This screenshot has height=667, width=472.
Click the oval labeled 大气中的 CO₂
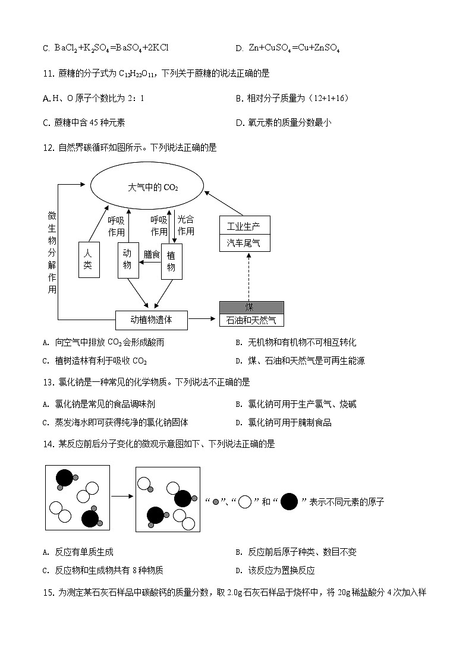click(x=153, y=187)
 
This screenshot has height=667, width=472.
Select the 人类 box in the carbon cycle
click(x=89, y=260)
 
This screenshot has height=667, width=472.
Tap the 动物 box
click(x=127, y=260)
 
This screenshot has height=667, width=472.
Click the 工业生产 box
click(x=244, y=225)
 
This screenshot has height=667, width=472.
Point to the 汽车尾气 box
click(x=244, y=243)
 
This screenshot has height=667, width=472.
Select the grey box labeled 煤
click(x=251, y=307)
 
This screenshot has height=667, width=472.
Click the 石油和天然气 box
click(x=251, y=321)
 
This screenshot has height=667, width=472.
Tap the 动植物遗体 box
click(x=151, y=320)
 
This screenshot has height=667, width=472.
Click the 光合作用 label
click(x=186, y=225)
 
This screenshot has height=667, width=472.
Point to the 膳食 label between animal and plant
click(x=152, y=254)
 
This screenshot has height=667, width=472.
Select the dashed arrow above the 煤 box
click(x=249, y=276)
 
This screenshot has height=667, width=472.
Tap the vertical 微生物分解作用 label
click(x=52, y=252)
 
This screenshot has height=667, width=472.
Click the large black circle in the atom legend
click(x=289, y=502)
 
